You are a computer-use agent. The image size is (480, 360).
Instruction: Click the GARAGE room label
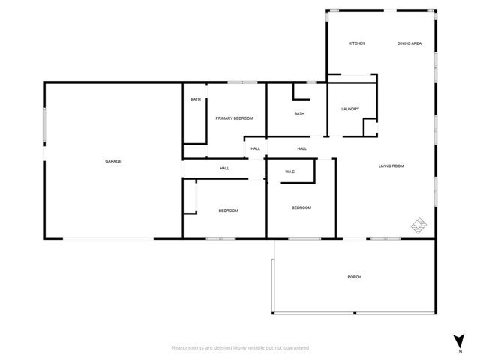pyautogui.click(x=113, y=161)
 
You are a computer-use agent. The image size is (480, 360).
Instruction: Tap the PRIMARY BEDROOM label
pyautogui.click(x=234, y=118)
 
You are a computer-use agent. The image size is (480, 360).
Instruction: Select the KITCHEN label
pyautogui.click(x=357, y=43)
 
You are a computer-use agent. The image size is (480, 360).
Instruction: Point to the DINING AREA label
pyautogui.click(x=409, y=43)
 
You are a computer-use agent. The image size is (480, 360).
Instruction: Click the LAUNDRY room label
pyautogui.click(x=350, y=109)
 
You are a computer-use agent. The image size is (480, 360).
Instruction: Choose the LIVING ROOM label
pyautogui.click(x=391, y=166)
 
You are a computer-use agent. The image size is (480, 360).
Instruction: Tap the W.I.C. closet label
pyautogui.click(x=290, y=172)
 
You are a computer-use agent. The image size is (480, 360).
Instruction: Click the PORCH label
pyautogui.click(x=355, y=277)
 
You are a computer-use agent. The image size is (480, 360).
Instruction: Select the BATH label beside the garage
pyautogui.click(x=196, y=99)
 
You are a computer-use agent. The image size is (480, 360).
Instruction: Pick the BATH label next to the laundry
pyautogui.click(x=299, y=113)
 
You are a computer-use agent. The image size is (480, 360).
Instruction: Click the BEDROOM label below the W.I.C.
pyautogui.click(x=301, y=208)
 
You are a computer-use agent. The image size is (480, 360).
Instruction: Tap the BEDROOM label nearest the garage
pyautogui.click(x=228, y=211)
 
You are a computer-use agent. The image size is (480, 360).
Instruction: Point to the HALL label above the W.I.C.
pyautogui.click(x=302, y=148)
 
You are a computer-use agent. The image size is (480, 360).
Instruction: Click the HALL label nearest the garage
pyautogui.click(x=225, y=168)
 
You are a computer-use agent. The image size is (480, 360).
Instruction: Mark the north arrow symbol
pyautogui.click(x=459, y=340)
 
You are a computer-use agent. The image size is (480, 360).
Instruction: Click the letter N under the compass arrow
pyautogui.click(x=460, y=352)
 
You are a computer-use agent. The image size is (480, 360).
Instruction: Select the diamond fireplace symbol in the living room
pyautogui.click(x=418, y=226)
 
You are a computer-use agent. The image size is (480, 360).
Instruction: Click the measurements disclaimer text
pyautogui.click(x=240, y=348)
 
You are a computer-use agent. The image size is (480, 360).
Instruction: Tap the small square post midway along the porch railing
pyautogui.click(x=355, y=313)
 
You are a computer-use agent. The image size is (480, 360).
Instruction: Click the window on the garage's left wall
pyautogui.click(x=44, y=124)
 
